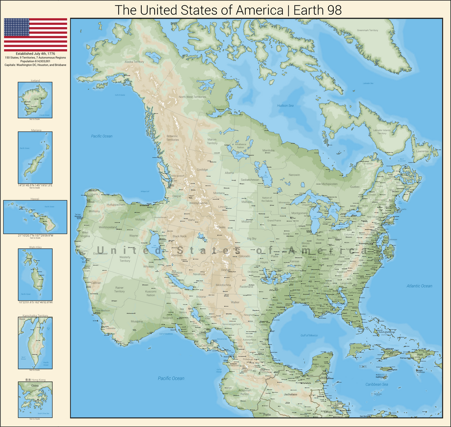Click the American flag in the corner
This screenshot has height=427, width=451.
(x=35, y=34)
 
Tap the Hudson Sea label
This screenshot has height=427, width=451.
(x=285, y=106)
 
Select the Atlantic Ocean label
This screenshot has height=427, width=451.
(x=419, y=286)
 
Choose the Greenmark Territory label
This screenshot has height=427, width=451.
(x=368, y=30)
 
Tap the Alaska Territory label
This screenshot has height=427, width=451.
(x=134, y=62)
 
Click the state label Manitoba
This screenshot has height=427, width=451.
(x=268, y=150)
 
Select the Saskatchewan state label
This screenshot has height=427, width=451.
(x=250, y=180)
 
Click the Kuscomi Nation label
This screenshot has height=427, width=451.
(x=151, y=293)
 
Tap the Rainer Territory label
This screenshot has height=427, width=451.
(x=120, y=289)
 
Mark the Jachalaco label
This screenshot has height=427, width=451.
(x=291, y=394)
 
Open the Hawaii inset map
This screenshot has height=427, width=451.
(x=35, y=216)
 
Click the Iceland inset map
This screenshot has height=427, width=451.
(x=35, y=100)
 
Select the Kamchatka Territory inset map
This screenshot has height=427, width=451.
(x=35, y=343)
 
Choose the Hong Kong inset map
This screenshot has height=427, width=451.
(x=35, y=399)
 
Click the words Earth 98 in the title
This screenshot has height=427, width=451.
(x=314, y=10)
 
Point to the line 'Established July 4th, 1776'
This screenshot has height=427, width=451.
(x=35, y=54)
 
